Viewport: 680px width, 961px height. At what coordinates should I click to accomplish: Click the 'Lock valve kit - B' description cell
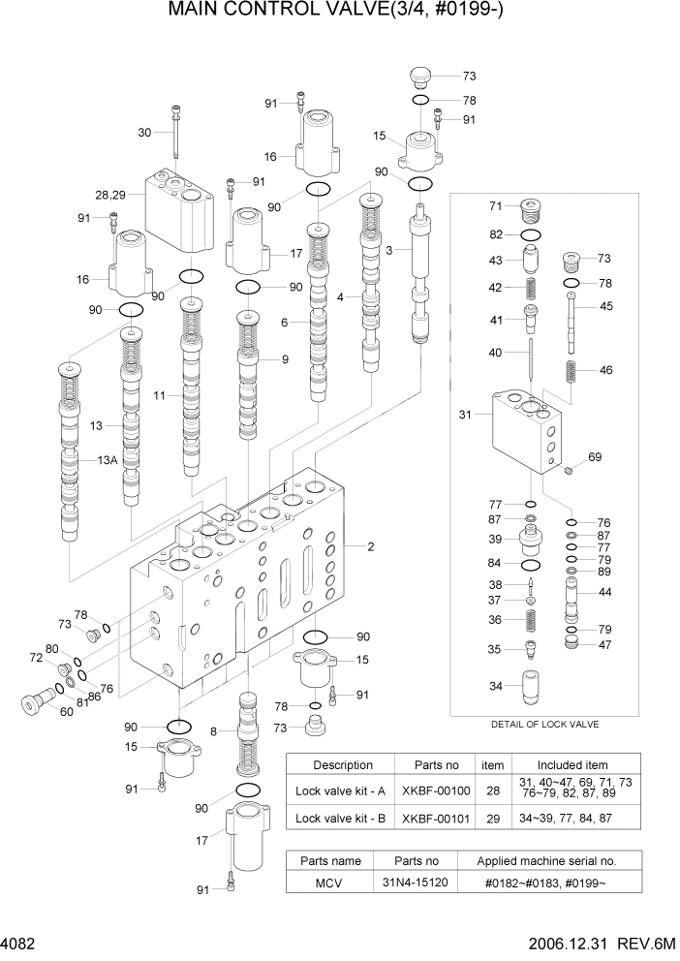pos(340,819)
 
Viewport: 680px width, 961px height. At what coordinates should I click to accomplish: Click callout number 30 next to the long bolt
pos(146,133)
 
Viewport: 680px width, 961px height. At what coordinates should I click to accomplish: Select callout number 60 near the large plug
pos(66,712)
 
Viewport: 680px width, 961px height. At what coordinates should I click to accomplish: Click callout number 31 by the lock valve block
pos(466,416)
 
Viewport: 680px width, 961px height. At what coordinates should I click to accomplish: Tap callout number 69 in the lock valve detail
pos(595,456)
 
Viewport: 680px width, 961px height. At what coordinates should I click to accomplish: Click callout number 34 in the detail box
pos(496,687)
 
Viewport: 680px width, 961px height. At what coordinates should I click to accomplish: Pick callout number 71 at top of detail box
pos(496,206)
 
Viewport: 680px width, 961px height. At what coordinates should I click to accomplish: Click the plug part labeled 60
pos(35,700)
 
